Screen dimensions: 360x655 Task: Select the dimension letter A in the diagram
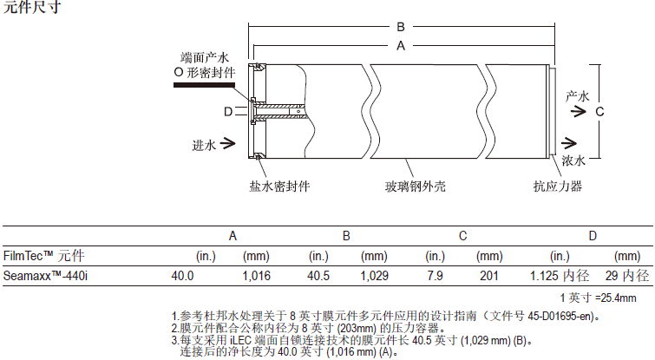point(400,48)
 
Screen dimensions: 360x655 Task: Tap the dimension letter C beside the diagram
point(599,112)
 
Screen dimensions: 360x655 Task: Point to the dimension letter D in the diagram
point(228,112)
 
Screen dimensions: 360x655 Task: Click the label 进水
point(202,143)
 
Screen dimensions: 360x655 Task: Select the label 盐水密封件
point(280,185)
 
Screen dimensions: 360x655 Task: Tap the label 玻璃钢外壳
point(415,185)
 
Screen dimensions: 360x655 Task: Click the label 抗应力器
point(557,185)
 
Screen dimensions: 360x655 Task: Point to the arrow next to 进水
point(228,143)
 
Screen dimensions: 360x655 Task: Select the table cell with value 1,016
point(257,276)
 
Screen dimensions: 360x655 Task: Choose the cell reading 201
point(490,276)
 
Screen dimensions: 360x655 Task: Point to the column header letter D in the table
point(593,235)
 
